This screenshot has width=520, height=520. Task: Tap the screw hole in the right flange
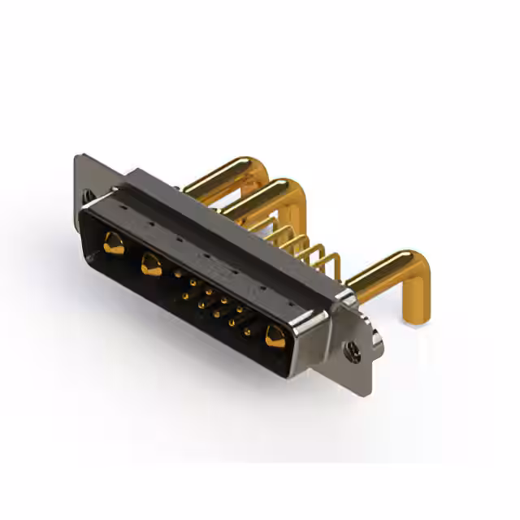coord(353,352)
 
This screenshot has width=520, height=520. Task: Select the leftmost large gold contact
coord(114,242)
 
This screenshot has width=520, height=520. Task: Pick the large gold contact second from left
coord(151,263)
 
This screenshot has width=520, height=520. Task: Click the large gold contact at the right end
coord(275,336)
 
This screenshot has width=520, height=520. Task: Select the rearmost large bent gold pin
coord(215,175)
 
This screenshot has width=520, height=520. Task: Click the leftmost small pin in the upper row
coord(178,274)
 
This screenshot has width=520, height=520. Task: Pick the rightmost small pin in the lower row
coord(247,331)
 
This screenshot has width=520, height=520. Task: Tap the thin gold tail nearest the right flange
coord(333,264)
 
